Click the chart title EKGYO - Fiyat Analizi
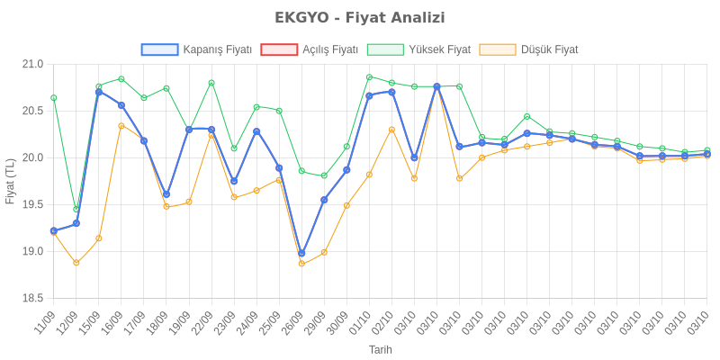tap(359, 18)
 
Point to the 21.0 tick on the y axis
tap(33, 64)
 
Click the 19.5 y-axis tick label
tap(33, 204)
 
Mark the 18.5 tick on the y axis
tap(33, 298)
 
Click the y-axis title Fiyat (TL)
tap(10, 181)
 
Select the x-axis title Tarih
tap(381, 349)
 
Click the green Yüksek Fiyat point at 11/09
tap(54, 97)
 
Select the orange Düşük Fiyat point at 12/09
tap(76, 263)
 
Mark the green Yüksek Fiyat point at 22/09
tap(211, 83)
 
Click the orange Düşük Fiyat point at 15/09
tap(99, 238)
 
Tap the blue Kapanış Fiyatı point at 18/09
tap(166, 194)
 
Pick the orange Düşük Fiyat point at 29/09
tap(324, 252)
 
